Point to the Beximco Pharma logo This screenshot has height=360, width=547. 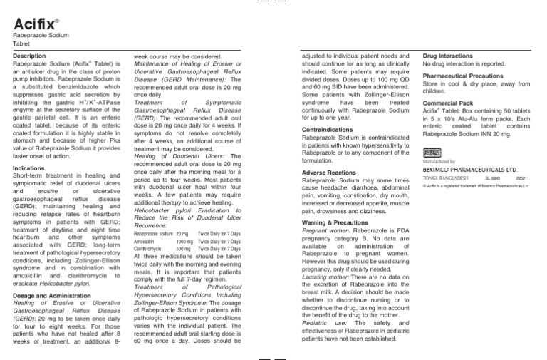[432, 153]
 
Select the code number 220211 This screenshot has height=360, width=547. [524, 179]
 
